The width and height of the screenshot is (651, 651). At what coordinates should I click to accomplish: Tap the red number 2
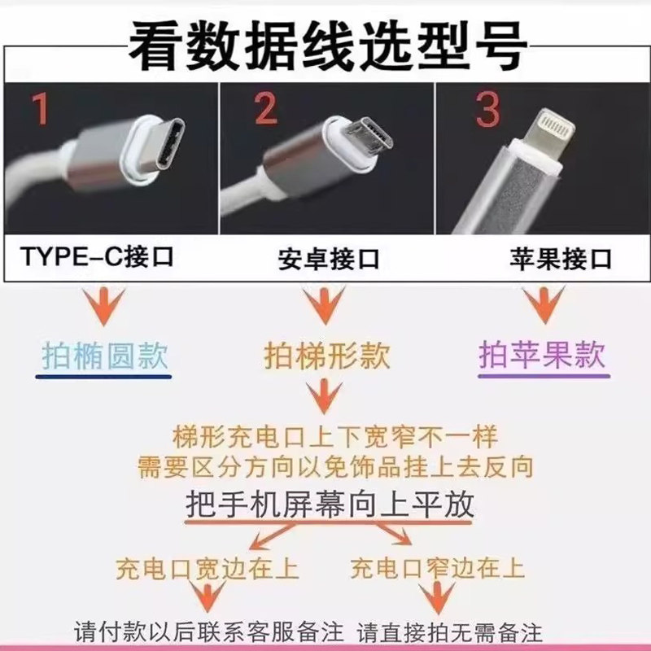tap(264, 108)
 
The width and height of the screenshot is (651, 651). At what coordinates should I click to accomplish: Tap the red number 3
tap(487, 110)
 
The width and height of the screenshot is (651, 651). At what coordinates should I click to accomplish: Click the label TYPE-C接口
tap(98, 258)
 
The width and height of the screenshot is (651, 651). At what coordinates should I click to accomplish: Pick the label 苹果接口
tap(561, 260)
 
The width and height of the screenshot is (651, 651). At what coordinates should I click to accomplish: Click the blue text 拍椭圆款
tap(105, 356)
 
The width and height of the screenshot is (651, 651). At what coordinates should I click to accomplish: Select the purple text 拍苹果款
tap(543, 356)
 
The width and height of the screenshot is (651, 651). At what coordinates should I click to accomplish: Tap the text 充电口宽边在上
tap(208, 568)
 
